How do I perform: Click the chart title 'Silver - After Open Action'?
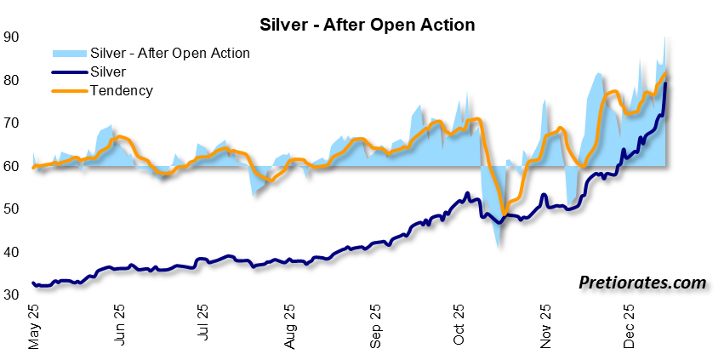[x=362, y=25]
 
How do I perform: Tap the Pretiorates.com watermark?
[x=642, y=282]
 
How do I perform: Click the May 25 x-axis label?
[x=34, y=328]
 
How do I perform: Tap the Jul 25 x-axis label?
[x=204, y=328]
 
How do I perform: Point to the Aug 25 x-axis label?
[x=289, y=328]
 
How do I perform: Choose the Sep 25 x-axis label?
[x=375, y=328]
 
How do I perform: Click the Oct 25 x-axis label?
[x=459, y=328]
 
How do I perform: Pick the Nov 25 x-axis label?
[x=544, y=328]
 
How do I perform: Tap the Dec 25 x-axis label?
[x=630, y=328]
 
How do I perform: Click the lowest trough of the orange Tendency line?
[x=504, y=212]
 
